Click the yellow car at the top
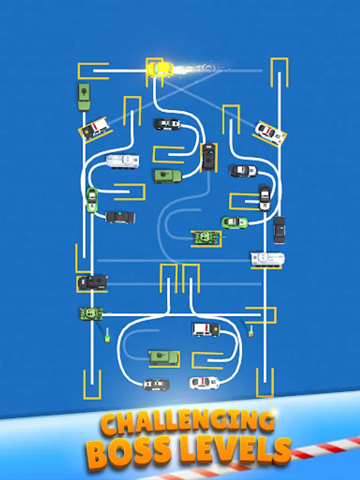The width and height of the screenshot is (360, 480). [x=160, y=69]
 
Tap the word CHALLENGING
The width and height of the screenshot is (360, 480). [x=187, y=423]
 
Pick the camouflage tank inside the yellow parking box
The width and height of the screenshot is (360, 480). [x=206, y=238]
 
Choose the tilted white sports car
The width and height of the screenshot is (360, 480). [x=270, y=133]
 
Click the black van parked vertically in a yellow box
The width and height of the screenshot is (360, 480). [x=209, y=156]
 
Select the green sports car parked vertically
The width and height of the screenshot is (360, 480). [x=92, y=199]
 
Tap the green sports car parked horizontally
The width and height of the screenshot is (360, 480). [x=235, y=222]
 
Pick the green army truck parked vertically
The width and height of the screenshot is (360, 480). [x=84, y=96]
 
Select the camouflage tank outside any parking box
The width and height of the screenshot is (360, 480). [x=91, y=314]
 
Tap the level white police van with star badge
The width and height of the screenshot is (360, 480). [x=206, y=330]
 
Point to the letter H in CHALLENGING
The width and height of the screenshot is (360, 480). [x=132, y=425]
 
